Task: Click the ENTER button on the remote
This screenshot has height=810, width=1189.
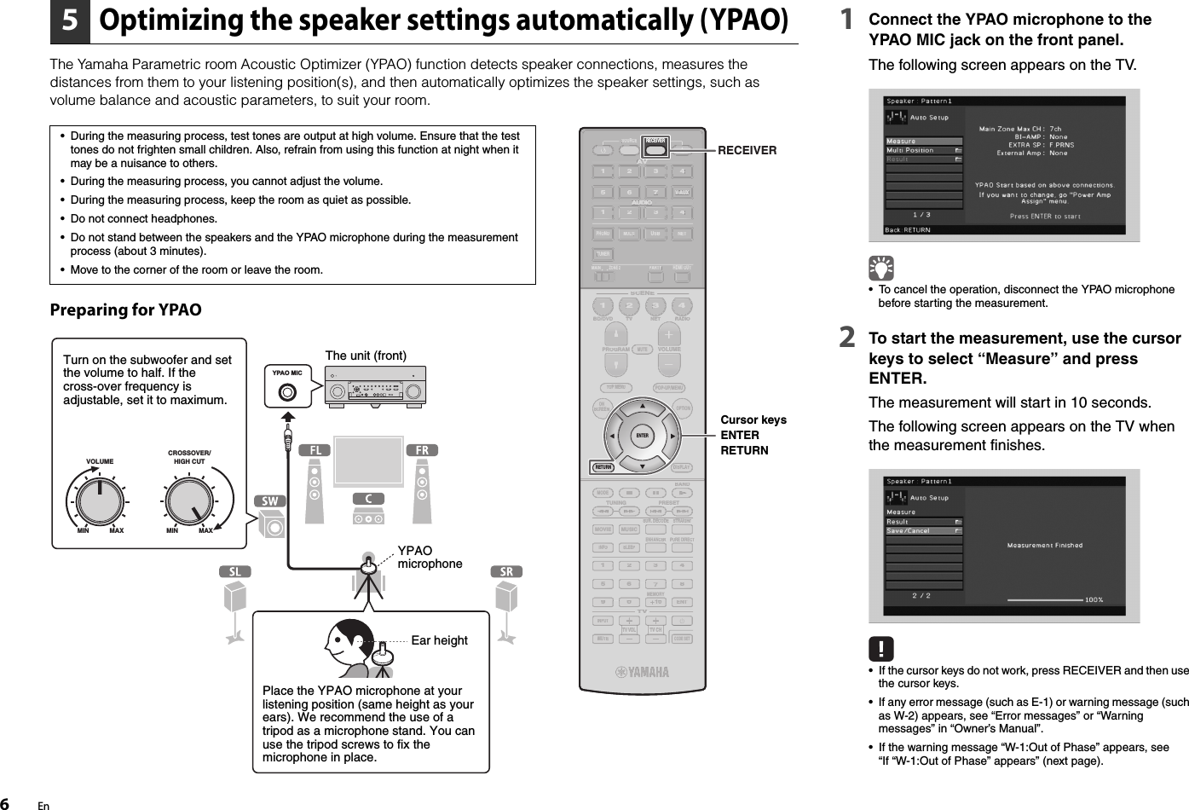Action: click(643, 436)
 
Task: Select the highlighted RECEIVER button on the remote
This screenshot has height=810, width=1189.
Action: click(655, 140)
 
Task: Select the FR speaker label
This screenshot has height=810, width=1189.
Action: click(422, 449)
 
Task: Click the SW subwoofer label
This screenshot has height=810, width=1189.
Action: click(270, 501)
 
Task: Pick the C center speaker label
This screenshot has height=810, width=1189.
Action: click(368, 498)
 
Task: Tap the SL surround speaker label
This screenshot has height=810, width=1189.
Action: click(234, 571)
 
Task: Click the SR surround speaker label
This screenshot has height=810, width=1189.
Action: click(506, 571)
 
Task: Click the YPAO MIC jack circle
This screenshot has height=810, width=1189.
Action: click(287, 393)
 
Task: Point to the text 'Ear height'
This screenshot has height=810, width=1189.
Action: click(439, 640)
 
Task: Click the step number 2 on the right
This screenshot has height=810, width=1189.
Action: click(848, 339)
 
